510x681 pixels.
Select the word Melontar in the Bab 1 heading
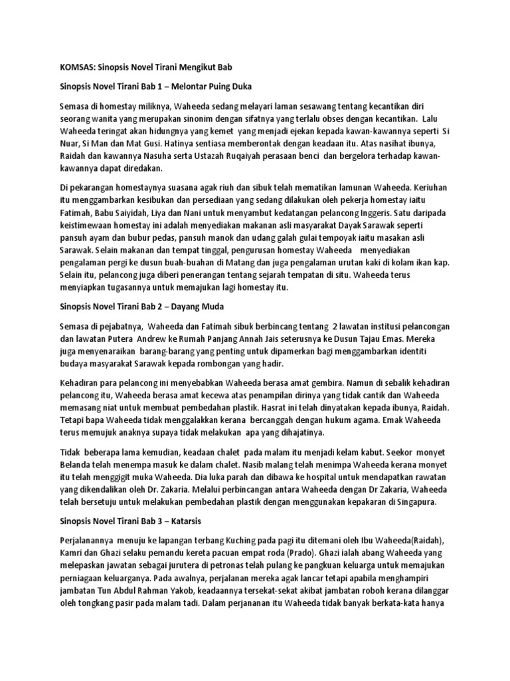point(195,87)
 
